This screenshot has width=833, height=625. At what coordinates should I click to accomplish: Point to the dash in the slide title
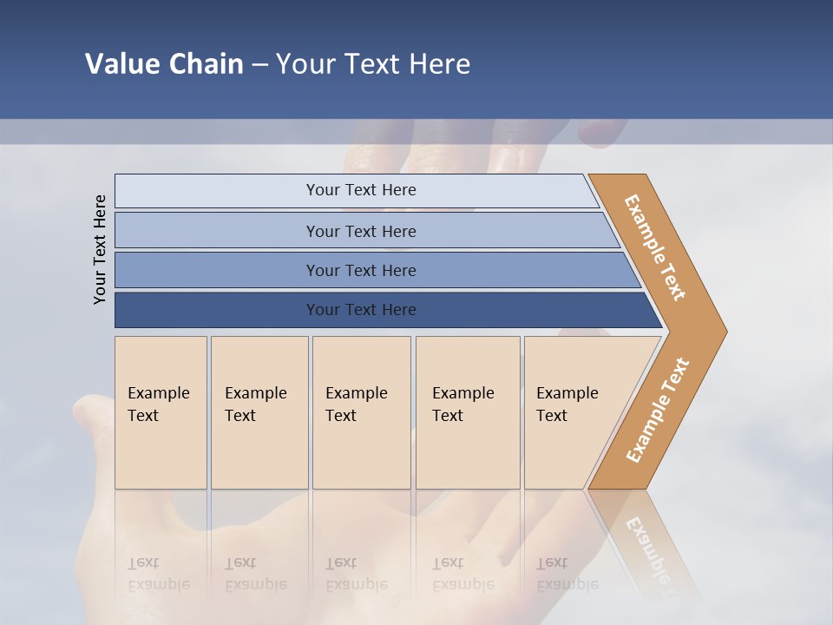259,65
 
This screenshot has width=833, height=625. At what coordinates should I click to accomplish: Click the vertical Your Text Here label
100,249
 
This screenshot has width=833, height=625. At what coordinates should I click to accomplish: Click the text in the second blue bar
361,231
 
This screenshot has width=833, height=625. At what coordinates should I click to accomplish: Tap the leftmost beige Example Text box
161,412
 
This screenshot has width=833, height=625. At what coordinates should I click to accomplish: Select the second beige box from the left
259,412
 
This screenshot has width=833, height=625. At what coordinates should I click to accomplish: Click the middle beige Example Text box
361,412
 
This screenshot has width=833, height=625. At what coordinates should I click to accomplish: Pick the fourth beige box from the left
468,412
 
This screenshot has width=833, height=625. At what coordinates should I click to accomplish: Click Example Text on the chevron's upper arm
655,247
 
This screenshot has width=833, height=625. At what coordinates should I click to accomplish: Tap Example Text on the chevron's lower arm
658,410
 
